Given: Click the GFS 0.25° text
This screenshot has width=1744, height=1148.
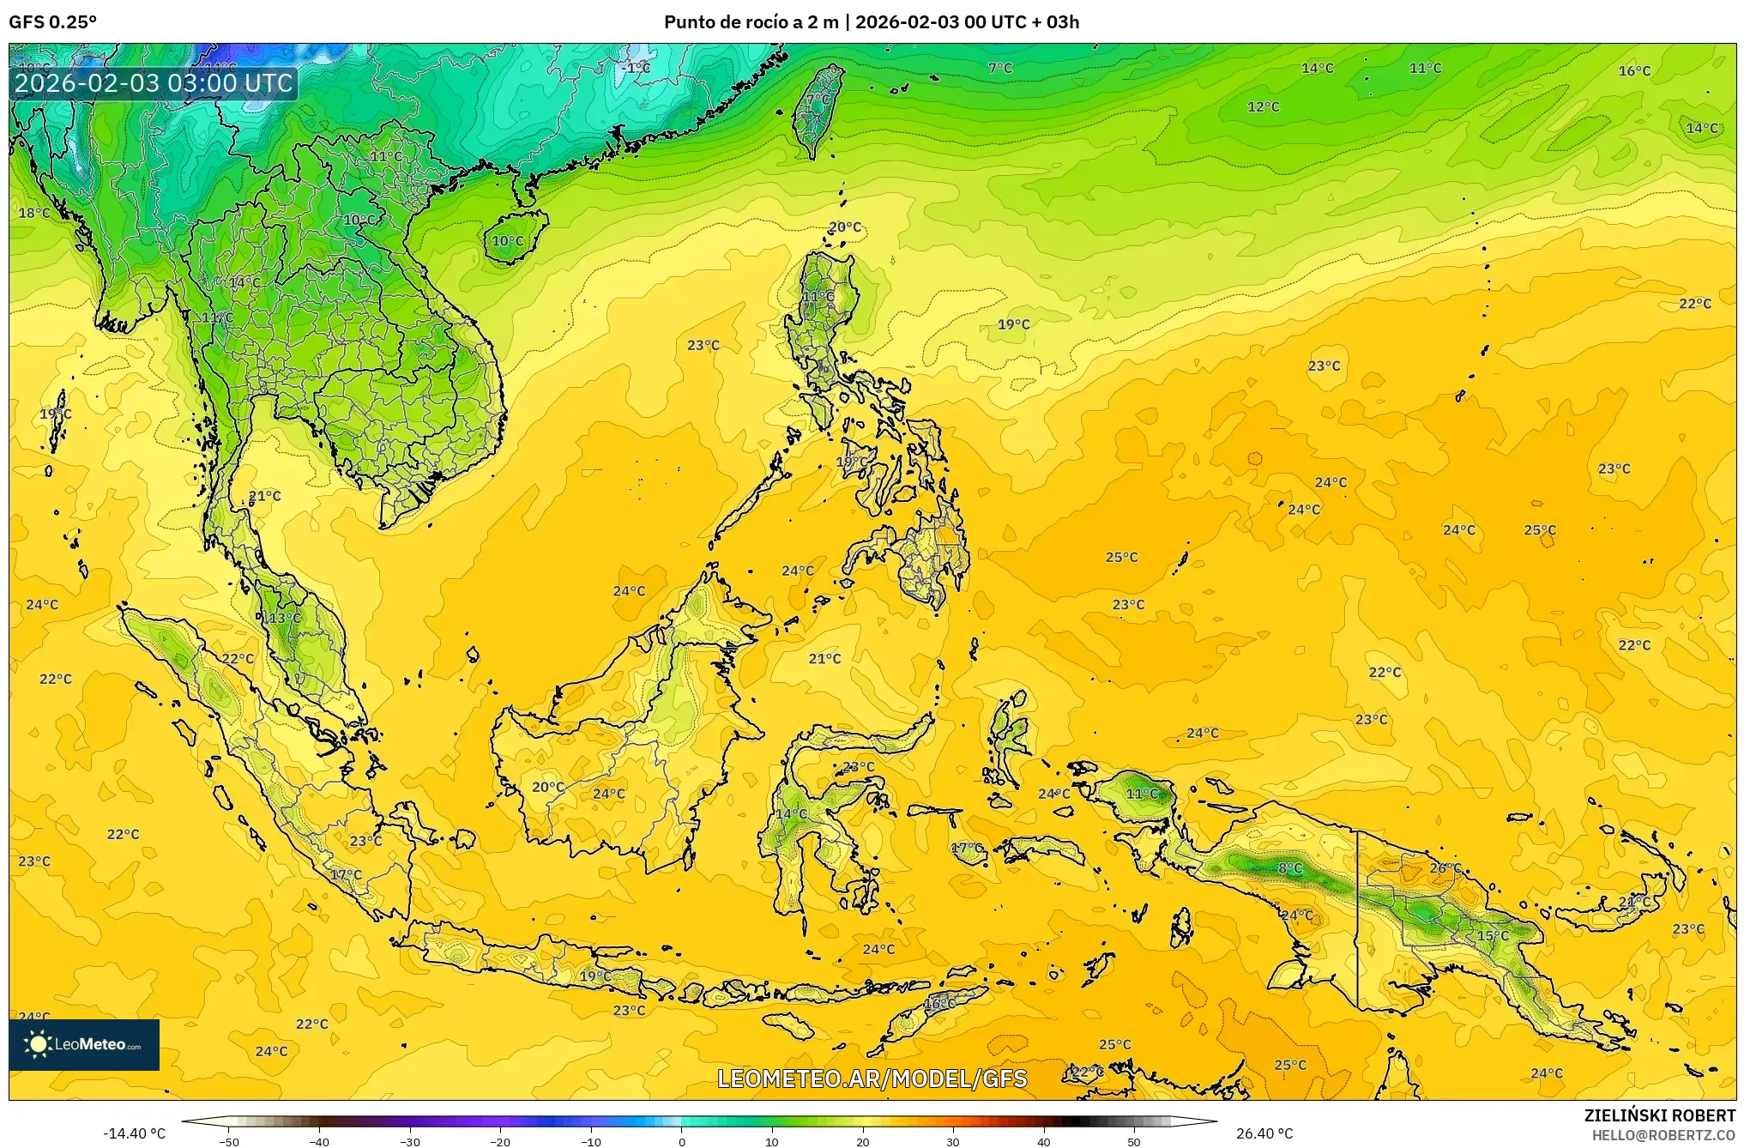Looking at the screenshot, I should [x=52, y=22].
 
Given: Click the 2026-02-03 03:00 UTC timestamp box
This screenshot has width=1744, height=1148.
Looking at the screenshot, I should [x=154, y=84].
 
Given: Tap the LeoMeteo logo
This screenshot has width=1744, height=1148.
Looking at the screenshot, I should [x=84, y=1044].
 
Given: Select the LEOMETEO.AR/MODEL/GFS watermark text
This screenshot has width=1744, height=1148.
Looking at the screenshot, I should [x=872, y=1079].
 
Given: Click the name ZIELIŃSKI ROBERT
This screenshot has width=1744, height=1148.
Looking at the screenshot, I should [x=1659, y=1115].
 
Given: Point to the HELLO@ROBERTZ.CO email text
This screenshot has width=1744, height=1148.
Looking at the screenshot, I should [x=1663, y=1135].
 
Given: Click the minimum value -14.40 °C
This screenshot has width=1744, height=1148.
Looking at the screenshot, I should [x=134, y=1133].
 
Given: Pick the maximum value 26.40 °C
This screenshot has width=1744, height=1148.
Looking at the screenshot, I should [x=1264, y=1133].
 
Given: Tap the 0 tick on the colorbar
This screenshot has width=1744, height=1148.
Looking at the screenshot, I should [x=682, y=1142].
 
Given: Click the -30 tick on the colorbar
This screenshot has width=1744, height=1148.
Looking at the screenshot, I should [x=410, y=1142].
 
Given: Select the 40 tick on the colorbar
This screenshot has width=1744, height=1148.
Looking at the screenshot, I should [x=1043, y=1142].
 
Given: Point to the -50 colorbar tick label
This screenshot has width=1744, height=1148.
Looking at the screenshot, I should [x=229, y=1142].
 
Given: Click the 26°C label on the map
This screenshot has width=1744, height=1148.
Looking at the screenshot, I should [x=1445, y=868].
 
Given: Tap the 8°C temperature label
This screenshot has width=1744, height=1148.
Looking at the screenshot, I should [x=1289, y=868].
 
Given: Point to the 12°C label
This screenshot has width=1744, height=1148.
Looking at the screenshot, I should [x=1263, y=107].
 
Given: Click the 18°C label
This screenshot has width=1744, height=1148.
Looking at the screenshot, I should [x=34, y=213].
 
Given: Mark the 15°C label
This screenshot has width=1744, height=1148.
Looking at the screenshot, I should [x=1493, y=935].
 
